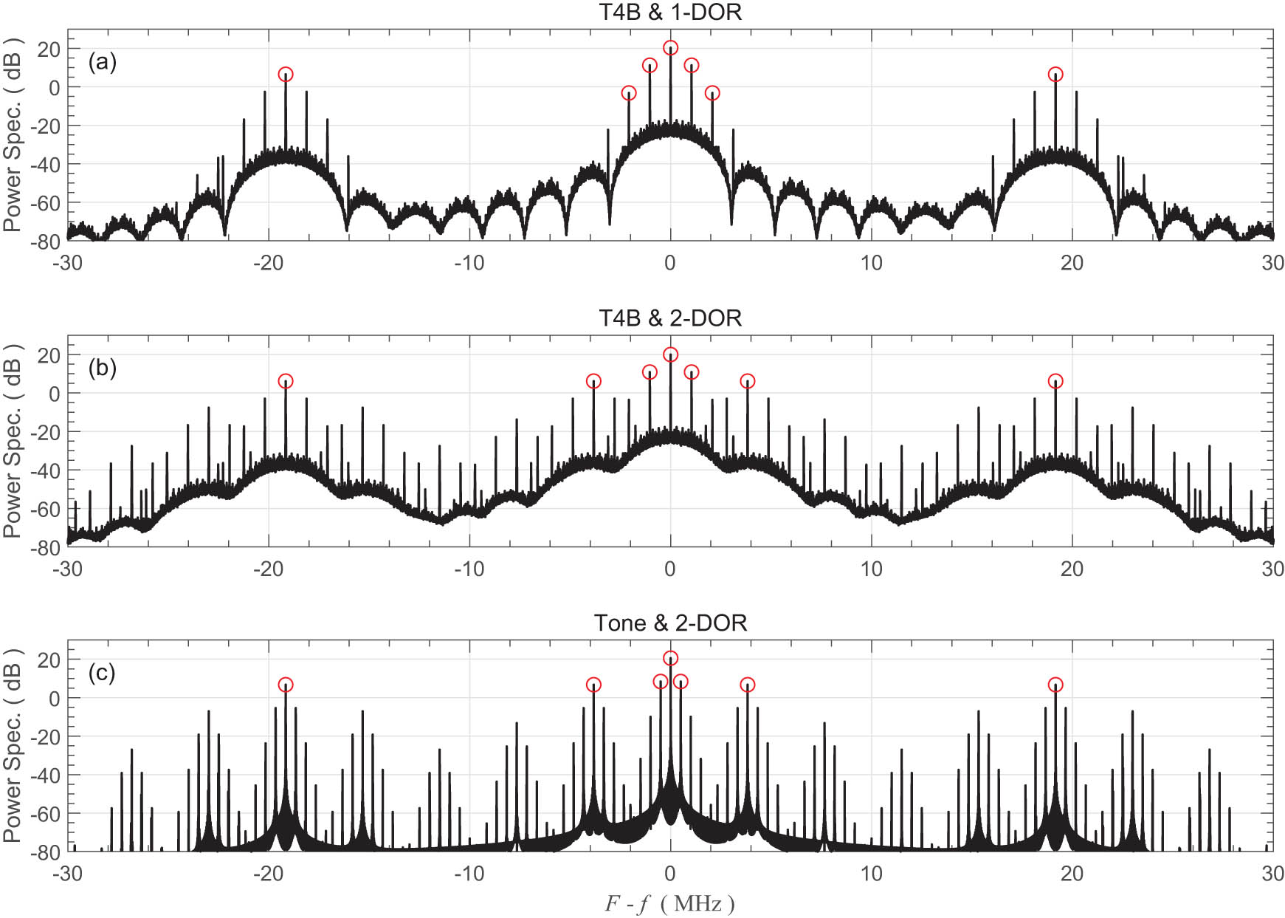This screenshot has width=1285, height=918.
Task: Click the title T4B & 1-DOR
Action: click(670, 12)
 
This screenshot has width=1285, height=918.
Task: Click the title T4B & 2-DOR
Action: click(670, 318)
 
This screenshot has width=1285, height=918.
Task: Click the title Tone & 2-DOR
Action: click(670, 623)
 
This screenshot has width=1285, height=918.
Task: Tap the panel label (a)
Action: click(102, 62)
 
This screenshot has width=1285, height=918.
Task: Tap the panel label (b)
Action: click(102, 368)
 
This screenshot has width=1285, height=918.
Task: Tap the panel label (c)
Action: click(102, 673)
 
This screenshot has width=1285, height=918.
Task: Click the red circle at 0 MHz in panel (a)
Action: click(670, 48)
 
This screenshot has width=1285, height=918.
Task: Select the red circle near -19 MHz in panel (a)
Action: click(286, 75)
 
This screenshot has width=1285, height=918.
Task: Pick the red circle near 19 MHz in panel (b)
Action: click(1055, 381)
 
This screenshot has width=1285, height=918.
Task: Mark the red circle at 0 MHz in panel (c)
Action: click(670, 658)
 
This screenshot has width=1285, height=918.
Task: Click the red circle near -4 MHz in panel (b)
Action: click(593, 381)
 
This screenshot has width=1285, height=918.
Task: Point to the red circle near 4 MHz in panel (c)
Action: click(748, 685)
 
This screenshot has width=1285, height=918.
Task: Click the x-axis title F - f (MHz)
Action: click(669, 903)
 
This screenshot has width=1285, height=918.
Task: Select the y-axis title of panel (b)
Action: click(13, 442)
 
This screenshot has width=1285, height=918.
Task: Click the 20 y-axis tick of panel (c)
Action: click(48, 660)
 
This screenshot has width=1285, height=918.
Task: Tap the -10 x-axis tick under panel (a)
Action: click(469, 263)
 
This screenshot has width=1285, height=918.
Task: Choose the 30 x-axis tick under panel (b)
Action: click(1272, 569)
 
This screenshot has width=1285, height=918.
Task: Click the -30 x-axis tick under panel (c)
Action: click(67, 874)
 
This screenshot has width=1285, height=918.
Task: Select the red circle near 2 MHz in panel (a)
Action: click(712, 93)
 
